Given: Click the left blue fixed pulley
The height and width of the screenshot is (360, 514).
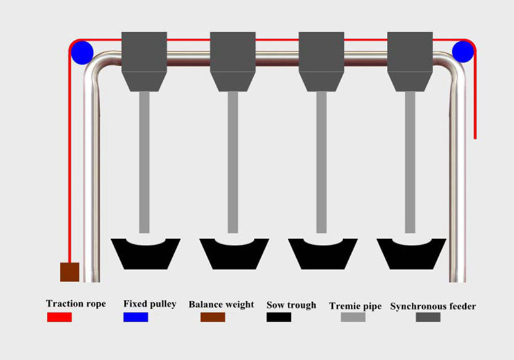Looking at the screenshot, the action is [x=82, y=53].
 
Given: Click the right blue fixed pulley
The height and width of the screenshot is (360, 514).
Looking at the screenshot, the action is [x=463, y=51].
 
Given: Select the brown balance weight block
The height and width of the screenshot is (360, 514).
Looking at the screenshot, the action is [x=69, y=272].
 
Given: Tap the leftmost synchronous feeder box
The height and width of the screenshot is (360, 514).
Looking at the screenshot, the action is [x=144, y=61].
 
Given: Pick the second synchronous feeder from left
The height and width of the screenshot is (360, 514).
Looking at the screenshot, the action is [x=233, y=61].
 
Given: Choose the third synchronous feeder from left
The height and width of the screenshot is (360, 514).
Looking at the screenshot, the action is [x=321, y=61].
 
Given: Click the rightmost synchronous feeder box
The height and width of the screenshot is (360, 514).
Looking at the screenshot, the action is [x=410, y=61].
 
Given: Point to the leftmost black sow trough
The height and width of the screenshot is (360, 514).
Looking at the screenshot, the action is [x=146, y=257].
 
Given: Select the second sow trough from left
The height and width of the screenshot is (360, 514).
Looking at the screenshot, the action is [x=234, y=257].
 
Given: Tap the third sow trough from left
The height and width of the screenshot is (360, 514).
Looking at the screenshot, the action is [x=323, y=257].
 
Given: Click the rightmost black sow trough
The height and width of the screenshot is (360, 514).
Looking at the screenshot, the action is [x=411, y=257].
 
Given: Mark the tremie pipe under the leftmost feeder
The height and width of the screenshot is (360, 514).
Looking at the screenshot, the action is [x=144, y=162].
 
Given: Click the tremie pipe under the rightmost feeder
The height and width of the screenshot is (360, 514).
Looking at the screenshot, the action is [x=410, y=162].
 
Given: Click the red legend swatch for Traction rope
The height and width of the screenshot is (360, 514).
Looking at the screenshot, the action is [x=59, y=317].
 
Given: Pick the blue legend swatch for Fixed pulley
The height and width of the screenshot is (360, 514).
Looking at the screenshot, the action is [x=136, y=317].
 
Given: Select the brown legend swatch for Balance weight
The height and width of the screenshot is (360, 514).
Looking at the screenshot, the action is [x=213, y=317].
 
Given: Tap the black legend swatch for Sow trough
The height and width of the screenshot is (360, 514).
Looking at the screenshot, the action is [x=279, y=317].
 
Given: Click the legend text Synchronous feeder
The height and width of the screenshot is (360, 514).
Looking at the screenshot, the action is [x=433, y=306].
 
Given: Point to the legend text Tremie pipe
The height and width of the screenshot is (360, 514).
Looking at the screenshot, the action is [x=355, y=306].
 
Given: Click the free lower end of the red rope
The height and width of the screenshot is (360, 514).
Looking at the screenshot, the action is [x=475, y=138].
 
